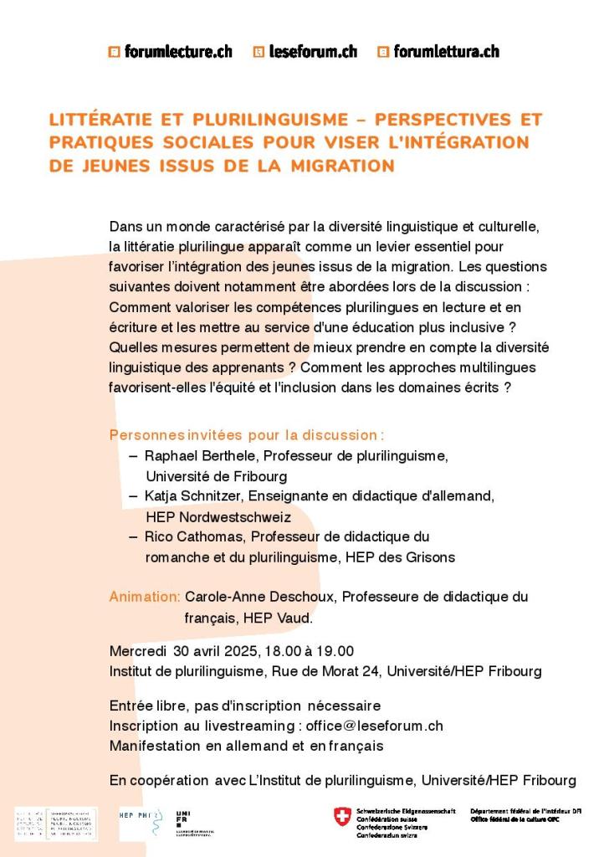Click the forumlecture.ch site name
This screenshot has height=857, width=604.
(x=178, y=52)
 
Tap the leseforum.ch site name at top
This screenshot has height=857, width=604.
(x=313, y=52)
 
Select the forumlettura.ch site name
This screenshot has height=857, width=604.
(x=446, y=52)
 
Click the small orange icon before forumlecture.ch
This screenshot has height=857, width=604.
(x=114, y=52)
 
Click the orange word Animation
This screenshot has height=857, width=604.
(x=144, y=597)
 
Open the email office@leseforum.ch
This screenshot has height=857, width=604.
(x=375, y=726)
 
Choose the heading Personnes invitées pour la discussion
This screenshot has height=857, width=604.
(x=247, y=435)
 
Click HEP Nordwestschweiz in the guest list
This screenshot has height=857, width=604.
(x=218, y=516)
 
